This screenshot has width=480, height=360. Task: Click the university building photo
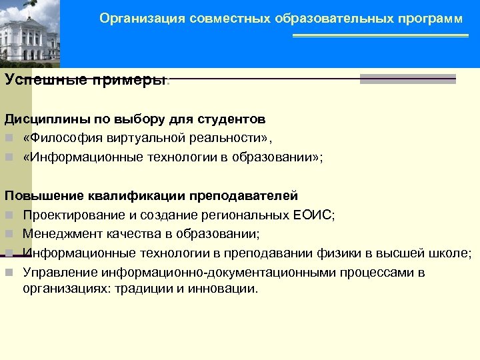(x=29, y=33)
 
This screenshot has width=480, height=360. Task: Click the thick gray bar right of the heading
(x=407, y=79)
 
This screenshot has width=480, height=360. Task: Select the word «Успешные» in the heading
(x=37, y=80)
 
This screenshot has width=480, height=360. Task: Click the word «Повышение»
(x=42, y=196)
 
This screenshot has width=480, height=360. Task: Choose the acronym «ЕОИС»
(x=313, y=215)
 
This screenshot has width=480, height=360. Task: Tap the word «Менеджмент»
(x=61, y=234)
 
